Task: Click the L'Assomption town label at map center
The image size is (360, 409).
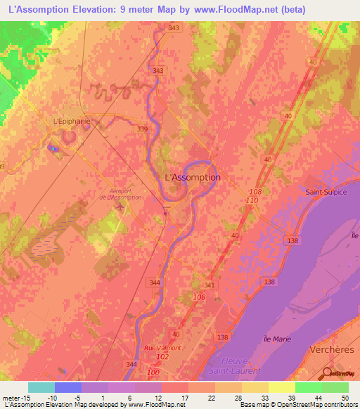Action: tap(192, 177)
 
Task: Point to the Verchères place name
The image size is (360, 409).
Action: tap(330, 349)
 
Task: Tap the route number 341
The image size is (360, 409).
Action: tap(209, 285)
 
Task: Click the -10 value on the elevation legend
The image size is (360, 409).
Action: tap(41, 398)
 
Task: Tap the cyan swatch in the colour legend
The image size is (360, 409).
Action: tap(41, 387)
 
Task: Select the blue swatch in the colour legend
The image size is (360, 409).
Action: tap(68, 387)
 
